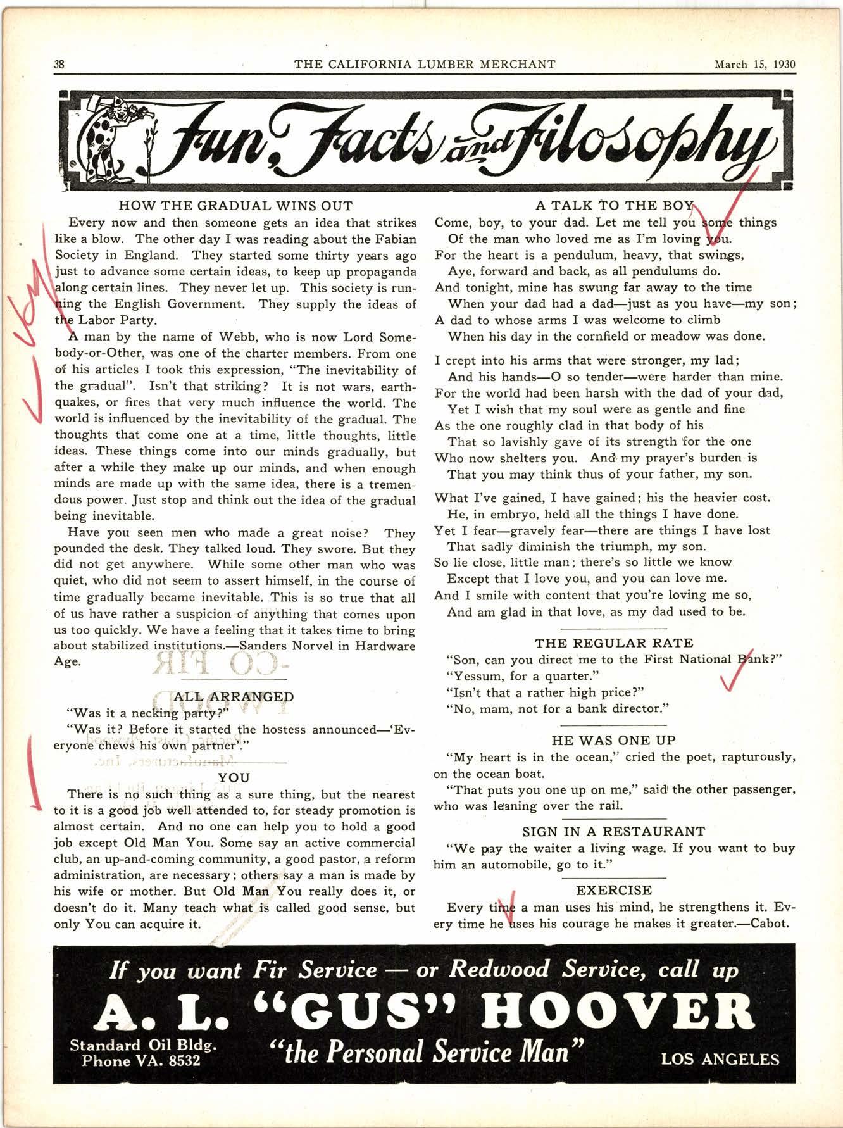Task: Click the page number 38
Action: point(60,64)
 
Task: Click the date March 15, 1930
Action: point(754,64)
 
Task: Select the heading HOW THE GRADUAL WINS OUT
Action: point(235,206)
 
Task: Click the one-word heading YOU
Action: point(234,777)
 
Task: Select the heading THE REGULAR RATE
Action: point(614,643)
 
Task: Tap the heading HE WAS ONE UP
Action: point(614,740)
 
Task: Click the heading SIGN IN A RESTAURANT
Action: point(614,831)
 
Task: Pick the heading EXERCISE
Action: point(614,890)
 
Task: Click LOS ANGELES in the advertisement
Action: point(720,1059)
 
